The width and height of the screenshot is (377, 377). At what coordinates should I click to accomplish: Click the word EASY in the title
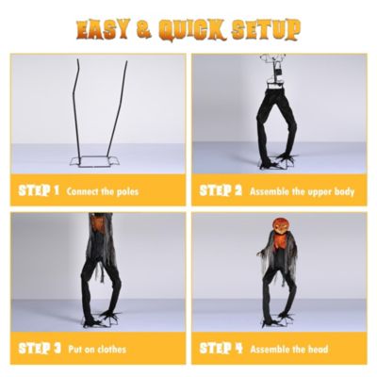[x=103, y=30]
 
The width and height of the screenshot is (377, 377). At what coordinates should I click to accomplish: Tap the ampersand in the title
[x=144, y=30]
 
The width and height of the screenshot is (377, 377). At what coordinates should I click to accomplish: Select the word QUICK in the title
[x=192, y=30]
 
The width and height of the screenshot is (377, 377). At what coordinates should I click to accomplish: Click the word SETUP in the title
[x=266, y=30]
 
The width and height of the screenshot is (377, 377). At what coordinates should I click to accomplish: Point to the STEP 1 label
[x=39, y=190]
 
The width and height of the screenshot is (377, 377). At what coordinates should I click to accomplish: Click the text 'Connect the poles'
[x=103, y=191]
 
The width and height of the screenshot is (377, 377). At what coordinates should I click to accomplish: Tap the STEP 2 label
[x=221, y=190]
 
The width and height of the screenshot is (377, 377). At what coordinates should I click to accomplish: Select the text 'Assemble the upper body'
[x=302, y=191]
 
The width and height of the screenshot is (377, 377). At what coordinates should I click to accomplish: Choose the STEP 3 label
[x=40, y=349]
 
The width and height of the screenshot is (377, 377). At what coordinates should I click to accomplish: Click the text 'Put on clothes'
[x=97, y=350]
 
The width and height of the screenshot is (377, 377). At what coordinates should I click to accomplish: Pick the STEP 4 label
[x=221, y=349]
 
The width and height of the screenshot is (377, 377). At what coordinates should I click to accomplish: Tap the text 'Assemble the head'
[x=289, y=350]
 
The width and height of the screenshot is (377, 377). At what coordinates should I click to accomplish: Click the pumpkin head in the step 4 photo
[x=279, y=226]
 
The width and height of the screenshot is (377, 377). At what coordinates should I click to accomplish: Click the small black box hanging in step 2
[x=278, y=72]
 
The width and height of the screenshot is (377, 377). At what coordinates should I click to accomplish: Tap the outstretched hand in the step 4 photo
[x=260, y=253]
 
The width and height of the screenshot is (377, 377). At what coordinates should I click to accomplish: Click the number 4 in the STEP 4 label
[x=238, y=349]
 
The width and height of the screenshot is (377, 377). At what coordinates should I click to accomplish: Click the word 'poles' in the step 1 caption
[x=127, y=191]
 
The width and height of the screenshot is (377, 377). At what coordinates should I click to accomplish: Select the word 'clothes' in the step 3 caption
[x=111, y=350]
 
